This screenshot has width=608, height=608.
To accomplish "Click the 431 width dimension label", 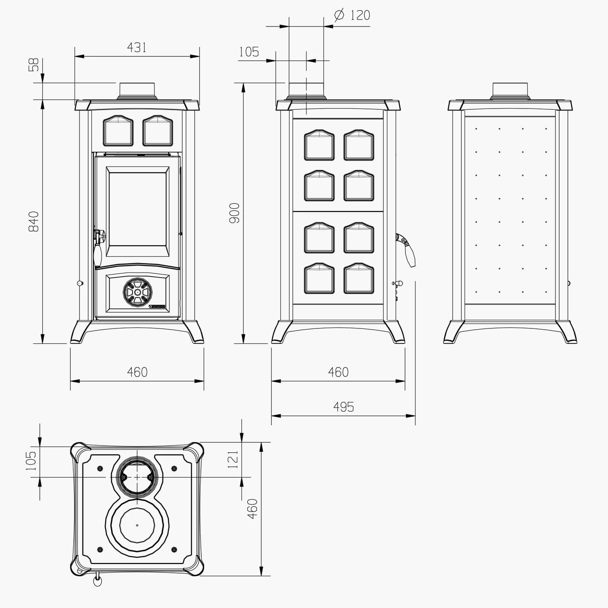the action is (x=137, y=48).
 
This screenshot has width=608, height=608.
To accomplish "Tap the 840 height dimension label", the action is (x=34, y=222).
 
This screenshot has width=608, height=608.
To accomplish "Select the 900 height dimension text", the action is (x=234, y=213).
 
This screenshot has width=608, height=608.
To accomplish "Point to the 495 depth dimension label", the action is (x=343, y=407).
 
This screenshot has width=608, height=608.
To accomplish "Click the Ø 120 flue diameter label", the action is (x=352, y=15).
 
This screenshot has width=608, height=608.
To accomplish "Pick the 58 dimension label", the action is (x=34, y=65).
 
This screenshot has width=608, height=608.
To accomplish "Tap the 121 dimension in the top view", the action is (x=233, y=459).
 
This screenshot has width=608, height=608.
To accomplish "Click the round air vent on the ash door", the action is (x=138, y=292).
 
